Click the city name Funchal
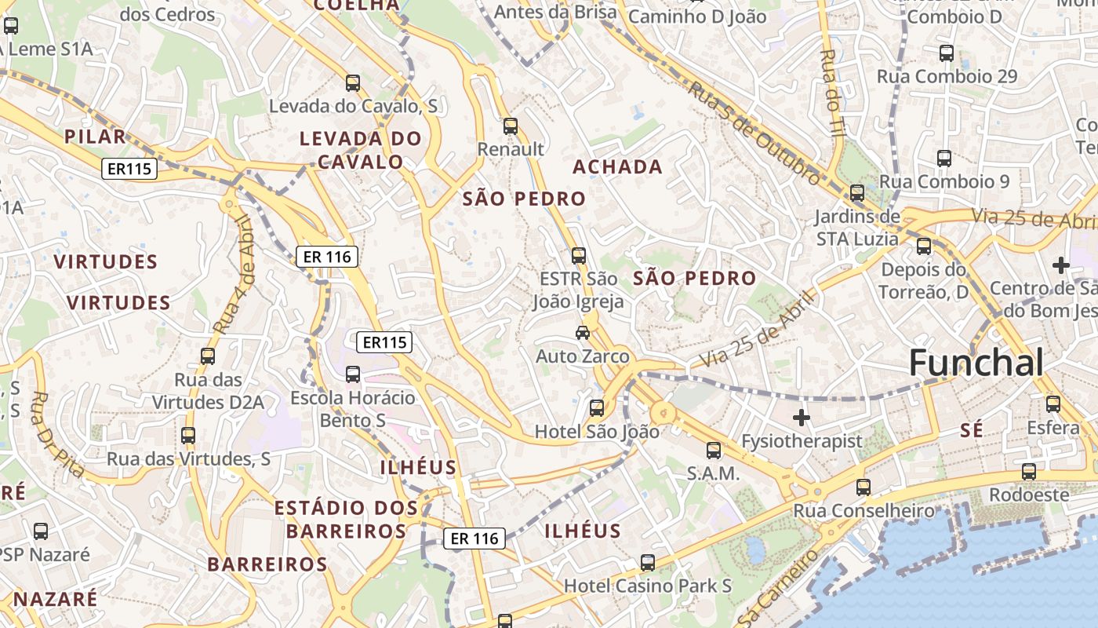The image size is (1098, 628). pyautogui.click(x=976, y=363)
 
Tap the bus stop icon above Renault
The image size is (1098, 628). pyautogui.click(x=511, y=126)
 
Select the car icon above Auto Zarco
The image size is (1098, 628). pyautogui.click(x=583, y=332)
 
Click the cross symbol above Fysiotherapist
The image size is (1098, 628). pyautogui.click(x=801, y=417)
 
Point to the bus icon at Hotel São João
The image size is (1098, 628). pyautogui.click(x=597, y=407)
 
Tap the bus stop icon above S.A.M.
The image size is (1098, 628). pyautogui.click(x=714, y=450)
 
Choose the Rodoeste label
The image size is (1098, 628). pyautogui.click(x=1029, y=495)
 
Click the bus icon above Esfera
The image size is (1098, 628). pyautogui.click(x=1053, y=404)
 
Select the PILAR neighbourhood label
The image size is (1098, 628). pyautogui.click(x=95, y=136)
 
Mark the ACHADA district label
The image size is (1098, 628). pyautogui.click(x=617, y=166)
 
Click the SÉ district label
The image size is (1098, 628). pyautogui.click(x=972, y=429)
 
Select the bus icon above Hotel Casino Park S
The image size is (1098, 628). pyautogui.click(x=648, y=562)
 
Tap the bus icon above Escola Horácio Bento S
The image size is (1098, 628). pyautogui.click(x=353, y=374)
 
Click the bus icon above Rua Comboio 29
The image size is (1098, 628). pyautogui.click(x=947, y=53)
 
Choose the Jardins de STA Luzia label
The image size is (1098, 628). pyautogui.click(x=857, y=227)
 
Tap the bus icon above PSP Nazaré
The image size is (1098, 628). pyautogui.click(x=41, y=531)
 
